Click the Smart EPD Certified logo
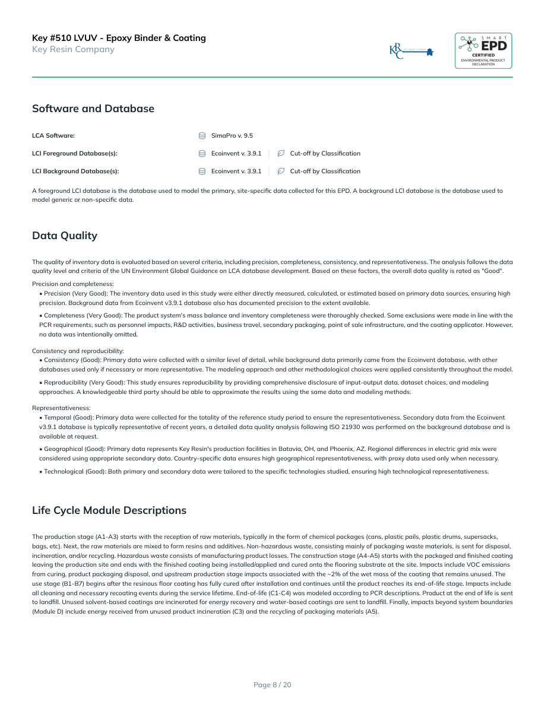[x=483, y=50]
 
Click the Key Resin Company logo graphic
[x=411, y=52]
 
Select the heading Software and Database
[x=93, y=109]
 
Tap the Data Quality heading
[x=65, y=236]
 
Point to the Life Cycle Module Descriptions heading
[x=109, y=510]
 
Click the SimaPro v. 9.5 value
[x=232, y=136]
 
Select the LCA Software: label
[x=53, y=136]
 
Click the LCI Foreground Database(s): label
[x=75, y=154]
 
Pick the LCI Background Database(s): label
[x=75, y=172]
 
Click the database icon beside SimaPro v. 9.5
[x=202, y=136]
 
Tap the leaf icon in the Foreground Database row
[x=281, y=154]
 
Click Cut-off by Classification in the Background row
[x=325, y=172]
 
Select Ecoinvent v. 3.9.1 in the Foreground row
[x=236, y=154]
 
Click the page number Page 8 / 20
[x=272, y=685]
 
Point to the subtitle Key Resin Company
[x=73, y=49]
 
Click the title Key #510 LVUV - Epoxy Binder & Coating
[x=119, y=38]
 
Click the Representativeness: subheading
[x=61, y=408]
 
